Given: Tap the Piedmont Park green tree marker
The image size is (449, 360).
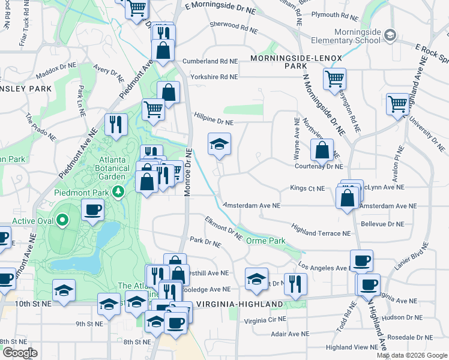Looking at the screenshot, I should (119, 192).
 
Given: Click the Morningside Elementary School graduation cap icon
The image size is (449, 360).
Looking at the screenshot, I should (391, 35).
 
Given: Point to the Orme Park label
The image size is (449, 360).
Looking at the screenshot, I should (265, 240).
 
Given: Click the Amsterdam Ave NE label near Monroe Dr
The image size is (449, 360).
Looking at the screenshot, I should (252, 205).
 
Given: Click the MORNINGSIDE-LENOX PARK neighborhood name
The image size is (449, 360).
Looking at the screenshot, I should (295, 62).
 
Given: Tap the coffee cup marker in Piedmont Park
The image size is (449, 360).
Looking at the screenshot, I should (92, 210).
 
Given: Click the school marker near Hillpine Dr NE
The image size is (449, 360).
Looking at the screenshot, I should (219, 144).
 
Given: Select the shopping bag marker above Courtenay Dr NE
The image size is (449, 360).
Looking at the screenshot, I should (322, 150).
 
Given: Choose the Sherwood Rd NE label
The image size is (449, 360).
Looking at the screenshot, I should (234, 28).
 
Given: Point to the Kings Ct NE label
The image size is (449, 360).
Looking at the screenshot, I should (307, 188).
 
